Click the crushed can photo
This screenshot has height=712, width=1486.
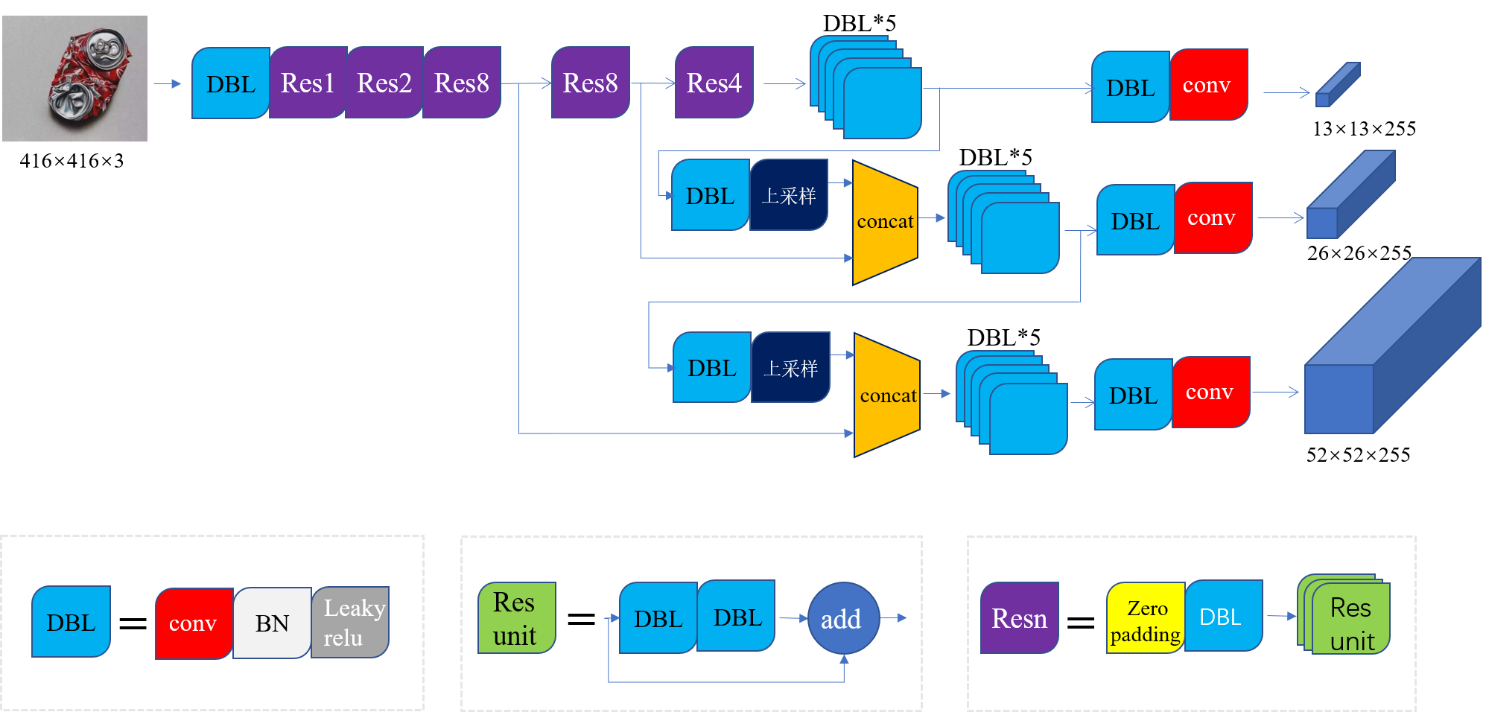74,78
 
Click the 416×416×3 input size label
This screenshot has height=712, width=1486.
72,161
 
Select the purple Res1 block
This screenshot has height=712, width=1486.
308,83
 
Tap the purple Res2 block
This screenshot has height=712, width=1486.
384,83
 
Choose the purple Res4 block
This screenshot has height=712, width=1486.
714,83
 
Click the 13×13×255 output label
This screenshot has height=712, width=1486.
1364,129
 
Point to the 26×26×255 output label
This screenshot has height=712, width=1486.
1359,253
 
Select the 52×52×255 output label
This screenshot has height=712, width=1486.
1358,455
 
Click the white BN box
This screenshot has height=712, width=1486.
272,623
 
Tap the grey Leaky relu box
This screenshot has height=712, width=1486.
350,623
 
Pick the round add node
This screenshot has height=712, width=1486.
843,618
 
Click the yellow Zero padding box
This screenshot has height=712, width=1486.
1146,618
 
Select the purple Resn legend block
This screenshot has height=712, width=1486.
1019,618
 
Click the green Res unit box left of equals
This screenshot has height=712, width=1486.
516,618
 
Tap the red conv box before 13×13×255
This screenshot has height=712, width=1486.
1208,85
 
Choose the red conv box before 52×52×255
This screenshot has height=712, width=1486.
1210,392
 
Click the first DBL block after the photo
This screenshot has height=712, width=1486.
230,83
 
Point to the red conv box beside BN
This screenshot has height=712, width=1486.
193,623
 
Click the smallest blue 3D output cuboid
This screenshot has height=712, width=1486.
1338,85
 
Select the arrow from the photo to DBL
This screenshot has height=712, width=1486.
168,84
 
